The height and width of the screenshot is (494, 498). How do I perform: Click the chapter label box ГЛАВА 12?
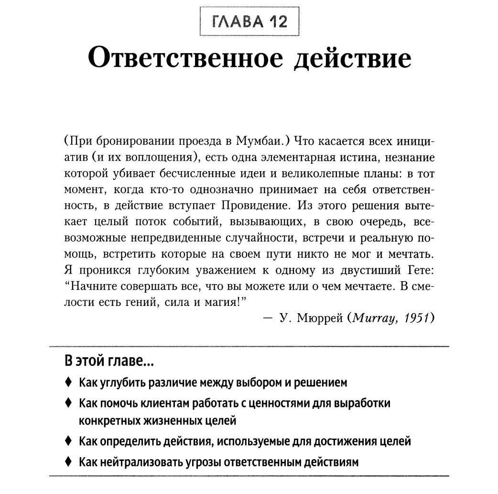click(249, 22)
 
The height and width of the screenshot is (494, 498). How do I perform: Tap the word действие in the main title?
click(352, 60)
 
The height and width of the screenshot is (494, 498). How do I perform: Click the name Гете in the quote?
click(421, 270)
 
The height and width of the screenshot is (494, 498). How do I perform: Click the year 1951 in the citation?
click(416, 318)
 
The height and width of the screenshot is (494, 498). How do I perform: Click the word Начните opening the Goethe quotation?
click(93, 286)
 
